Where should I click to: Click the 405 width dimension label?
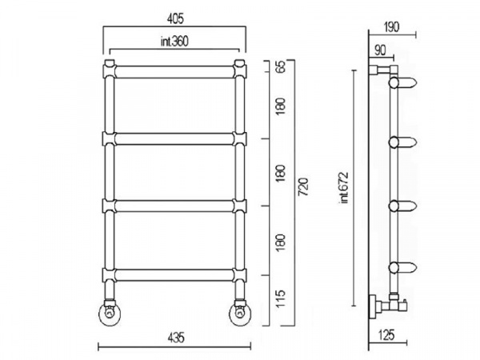click(x=175, y=19)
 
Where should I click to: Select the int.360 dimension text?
click(x=174, y=42)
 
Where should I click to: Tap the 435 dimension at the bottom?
click(x=176, y=338)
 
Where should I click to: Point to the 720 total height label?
click(x=303, y=186)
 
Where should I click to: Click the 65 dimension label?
click(x=281, y=66)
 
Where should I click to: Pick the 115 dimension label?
click(x=281, y=298)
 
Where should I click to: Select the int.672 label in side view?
click(x=343, y=188)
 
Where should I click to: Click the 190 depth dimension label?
click(x=391, y=27)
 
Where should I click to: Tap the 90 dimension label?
click(x=380, y=50)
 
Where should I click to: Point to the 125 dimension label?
click(x=386, y=335)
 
